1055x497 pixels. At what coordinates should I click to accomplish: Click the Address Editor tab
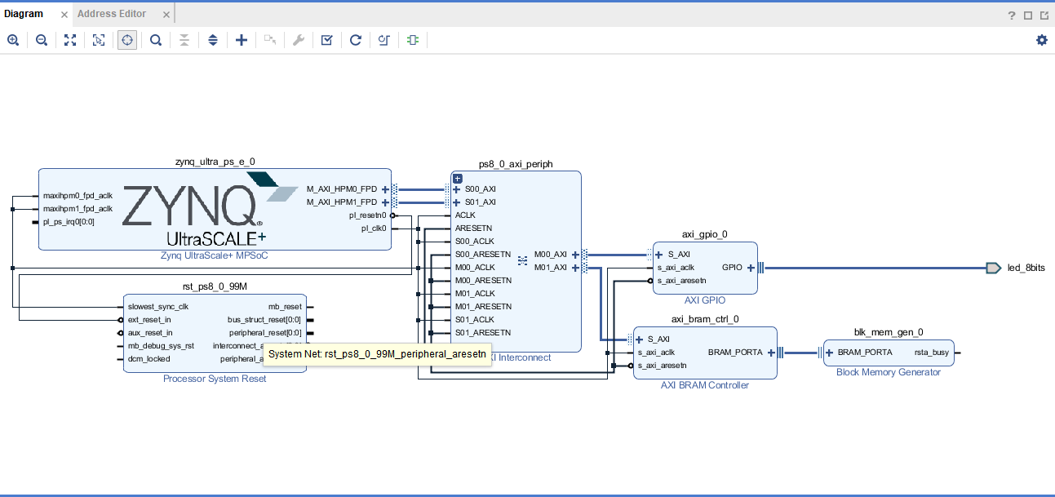pos(112,14)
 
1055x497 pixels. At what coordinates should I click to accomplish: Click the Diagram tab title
pos(24,14)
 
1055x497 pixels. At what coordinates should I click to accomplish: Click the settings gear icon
pos(1041,40)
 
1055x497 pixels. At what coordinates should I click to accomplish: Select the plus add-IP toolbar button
pos(242,40)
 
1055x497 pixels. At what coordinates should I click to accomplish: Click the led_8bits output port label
pos(1026,268)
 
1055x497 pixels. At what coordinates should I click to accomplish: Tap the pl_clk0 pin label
pos(374,229)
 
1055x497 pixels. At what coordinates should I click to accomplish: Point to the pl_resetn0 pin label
pos(367,215)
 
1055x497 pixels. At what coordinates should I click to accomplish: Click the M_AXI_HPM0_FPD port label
pos(341,189)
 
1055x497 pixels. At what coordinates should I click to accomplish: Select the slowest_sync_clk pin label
pos(157,307)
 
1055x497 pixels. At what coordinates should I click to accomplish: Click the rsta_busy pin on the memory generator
pos(931,353)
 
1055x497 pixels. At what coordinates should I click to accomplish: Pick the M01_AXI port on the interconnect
pos(551,268)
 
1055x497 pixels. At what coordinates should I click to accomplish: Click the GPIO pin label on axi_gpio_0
pos(732,268)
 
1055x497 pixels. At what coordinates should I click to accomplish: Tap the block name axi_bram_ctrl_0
pos(705,319)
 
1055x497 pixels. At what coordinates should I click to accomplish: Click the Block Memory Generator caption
pos(888,372)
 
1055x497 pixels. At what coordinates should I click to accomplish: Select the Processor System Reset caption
pos(215,379)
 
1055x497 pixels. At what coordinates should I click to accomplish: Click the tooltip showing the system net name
pos(377,354)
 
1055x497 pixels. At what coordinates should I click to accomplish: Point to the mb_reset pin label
pos(285,307)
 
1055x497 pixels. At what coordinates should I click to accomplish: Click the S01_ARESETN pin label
pos(483,333)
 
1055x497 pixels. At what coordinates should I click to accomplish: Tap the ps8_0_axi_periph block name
pos(516,164)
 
